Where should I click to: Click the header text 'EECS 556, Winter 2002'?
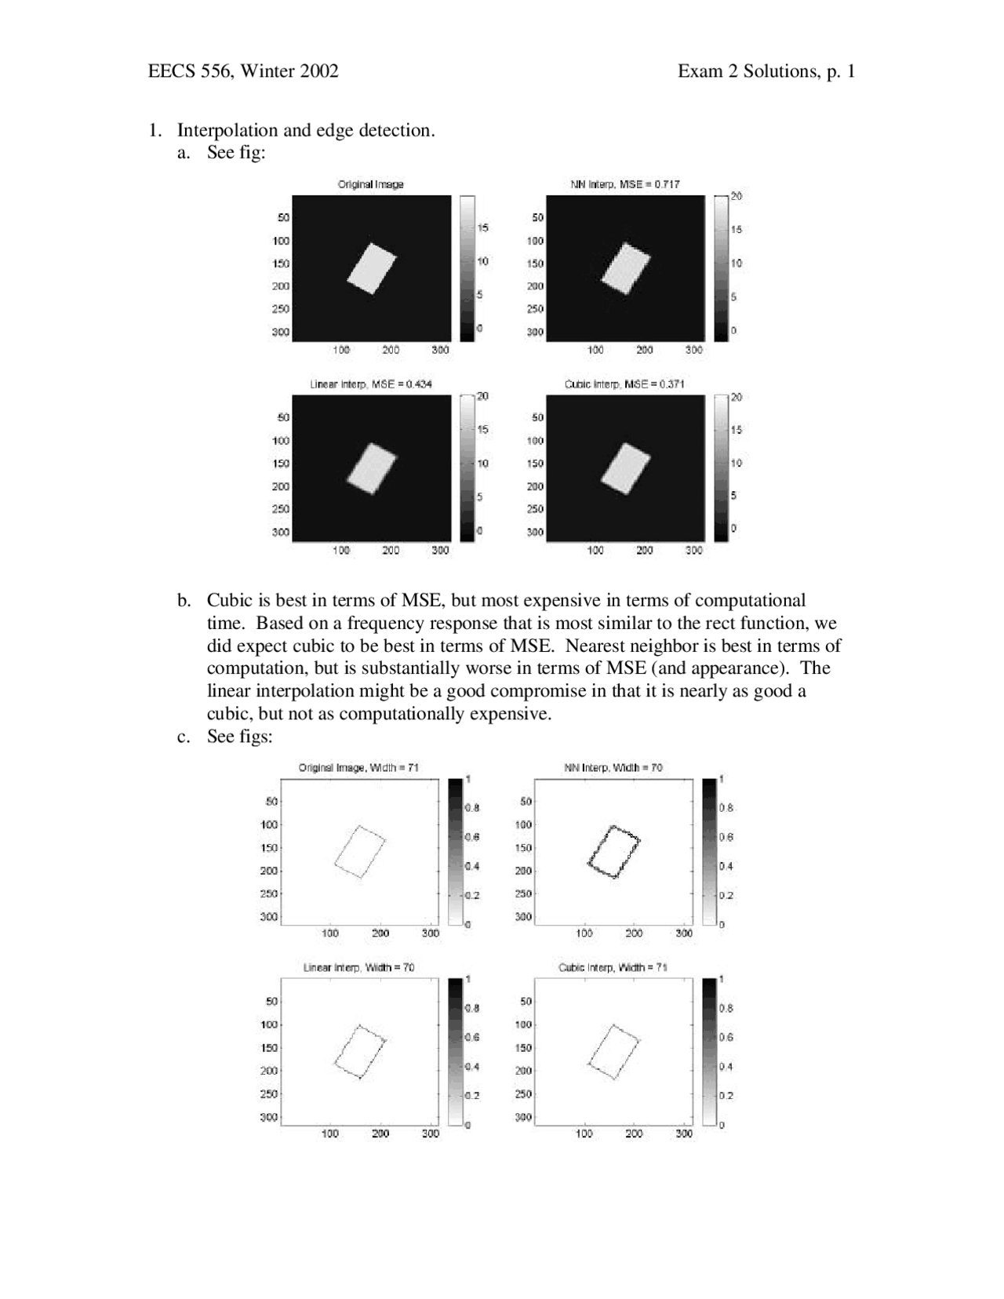point(243,71)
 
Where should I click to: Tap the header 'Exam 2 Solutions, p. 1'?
point(766,71)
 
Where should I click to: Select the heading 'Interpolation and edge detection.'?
point(306,130)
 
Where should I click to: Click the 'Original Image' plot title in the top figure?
point(370,184)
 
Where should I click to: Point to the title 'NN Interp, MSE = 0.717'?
point(625,184)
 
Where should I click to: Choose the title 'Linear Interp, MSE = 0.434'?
point(370,384)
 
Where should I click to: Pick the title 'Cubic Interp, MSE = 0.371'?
point(624,384)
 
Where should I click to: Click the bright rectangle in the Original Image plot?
point(372,269)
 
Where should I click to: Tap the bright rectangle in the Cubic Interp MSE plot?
point(626,469)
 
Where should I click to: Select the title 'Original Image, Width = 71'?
point(358,767)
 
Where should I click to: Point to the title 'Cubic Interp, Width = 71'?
point(613,967)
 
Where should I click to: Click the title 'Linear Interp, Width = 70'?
point(358,967)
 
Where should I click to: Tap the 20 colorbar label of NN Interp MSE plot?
point(736,196)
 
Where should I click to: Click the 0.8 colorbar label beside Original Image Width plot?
point(473,807)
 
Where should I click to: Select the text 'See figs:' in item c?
point(239,737)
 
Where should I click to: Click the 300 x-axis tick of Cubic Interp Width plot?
point(684,1133)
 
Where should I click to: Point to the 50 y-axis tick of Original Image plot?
point(282,217)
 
